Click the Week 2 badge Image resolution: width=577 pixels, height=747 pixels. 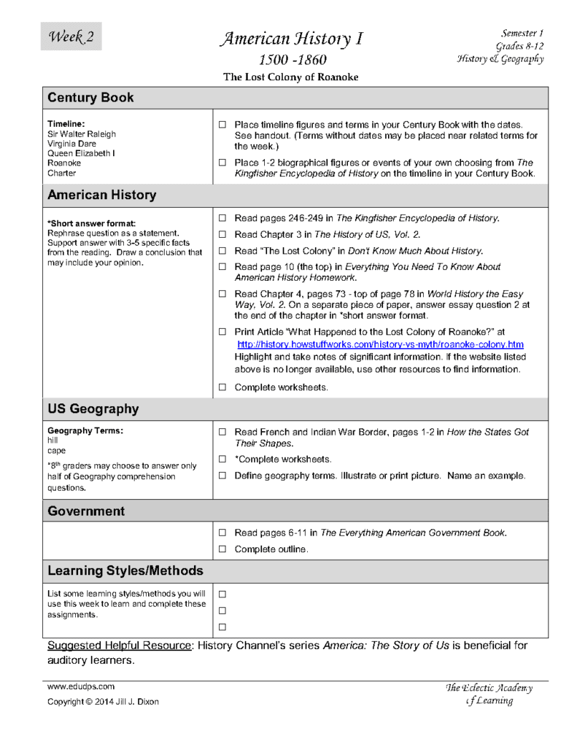click(71, 36)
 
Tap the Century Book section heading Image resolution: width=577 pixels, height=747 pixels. click(90, 97)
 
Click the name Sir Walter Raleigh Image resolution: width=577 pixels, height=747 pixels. click(82, 134)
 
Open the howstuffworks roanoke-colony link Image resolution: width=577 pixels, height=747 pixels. click(380, 344)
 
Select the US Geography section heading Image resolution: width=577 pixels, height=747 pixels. click(93, 409)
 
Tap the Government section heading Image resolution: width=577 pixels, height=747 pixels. click(86, 511)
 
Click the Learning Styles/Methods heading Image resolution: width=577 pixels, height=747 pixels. click(125, 570)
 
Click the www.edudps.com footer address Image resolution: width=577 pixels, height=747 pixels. click(81, 686)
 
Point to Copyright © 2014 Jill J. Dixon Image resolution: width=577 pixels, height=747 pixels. click(102, 702)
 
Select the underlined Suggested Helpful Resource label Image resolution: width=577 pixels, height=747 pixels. click(119, 646)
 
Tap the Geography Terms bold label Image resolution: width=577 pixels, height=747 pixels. click(85, 431)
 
